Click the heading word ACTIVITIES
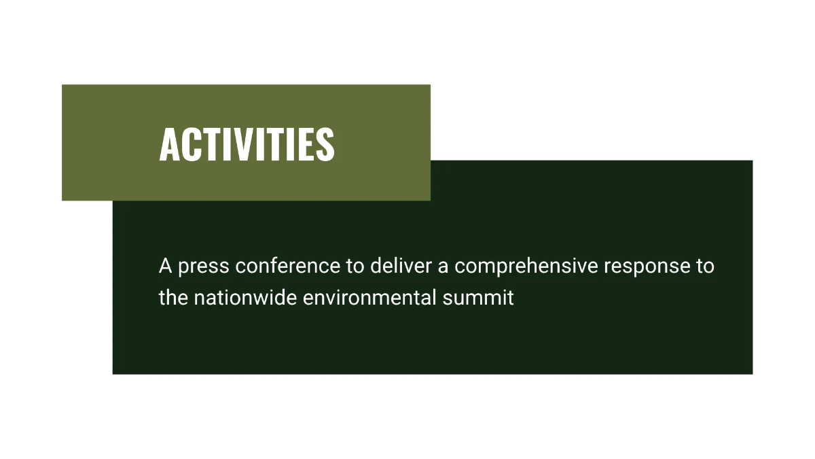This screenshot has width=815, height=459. [247, 144]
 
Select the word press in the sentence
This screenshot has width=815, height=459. [204, 267]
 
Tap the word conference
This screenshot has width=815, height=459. [288, 266]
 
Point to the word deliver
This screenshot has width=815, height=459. [401, 266]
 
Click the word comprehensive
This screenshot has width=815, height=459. [526, 267]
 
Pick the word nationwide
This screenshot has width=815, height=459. [245, 297]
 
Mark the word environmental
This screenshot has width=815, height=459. [369, 297]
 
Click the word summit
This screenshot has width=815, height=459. [478, 297]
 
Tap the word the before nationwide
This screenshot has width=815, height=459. [173, 297]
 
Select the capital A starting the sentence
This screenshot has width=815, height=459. [165, 266]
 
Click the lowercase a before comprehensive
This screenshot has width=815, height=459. [443, 268]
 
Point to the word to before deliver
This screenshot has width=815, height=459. [355, 267]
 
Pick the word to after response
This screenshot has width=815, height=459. [706, 267]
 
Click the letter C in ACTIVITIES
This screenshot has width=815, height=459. [190, 144]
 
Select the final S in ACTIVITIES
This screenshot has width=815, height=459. [325, 144]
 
